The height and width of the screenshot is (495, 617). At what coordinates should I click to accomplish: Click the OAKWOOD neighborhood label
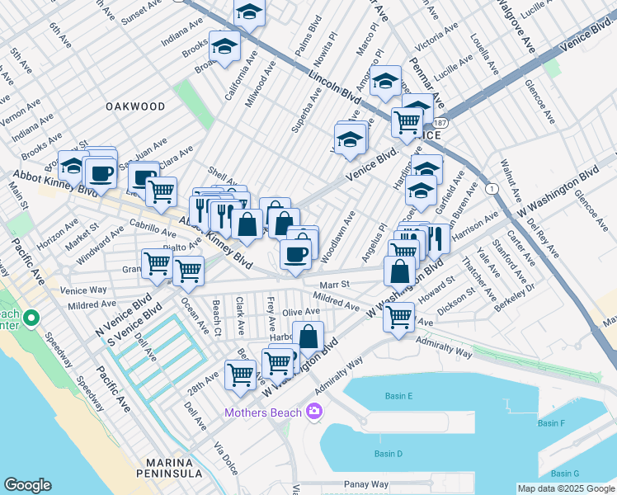point(135,106)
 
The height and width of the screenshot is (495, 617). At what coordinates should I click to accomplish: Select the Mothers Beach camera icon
point(313,411)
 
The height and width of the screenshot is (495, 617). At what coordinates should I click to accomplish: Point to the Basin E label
point(398,396)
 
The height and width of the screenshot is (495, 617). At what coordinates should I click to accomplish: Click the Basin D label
point(388,454)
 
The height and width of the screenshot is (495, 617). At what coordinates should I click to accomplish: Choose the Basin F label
point(551,423)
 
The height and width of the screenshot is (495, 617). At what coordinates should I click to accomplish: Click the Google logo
point(27,485)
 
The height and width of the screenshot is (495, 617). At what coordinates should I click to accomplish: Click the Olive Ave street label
point(300,312)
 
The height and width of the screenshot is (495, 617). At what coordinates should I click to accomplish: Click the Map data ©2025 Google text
point(565,488)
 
